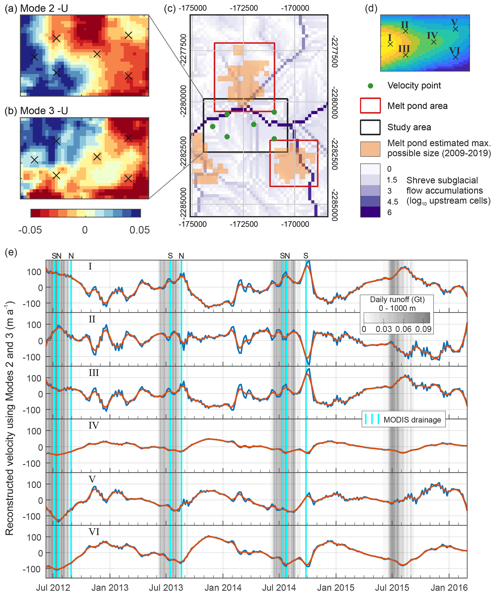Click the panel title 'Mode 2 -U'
point(44,9)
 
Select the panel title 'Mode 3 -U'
point(44,111)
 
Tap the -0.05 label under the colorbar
point(30,230)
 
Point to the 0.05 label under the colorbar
point(139,230)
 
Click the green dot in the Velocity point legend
point(370,86)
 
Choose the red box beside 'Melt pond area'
point(370,106)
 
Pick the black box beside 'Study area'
point(370,127)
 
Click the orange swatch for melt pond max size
point(370,149)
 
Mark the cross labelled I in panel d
point(390,44)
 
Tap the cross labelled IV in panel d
point(434,42)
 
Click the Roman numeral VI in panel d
point(454,51)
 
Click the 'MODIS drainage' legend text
point(412,420)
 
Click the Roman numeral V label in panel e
point(92,479)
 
